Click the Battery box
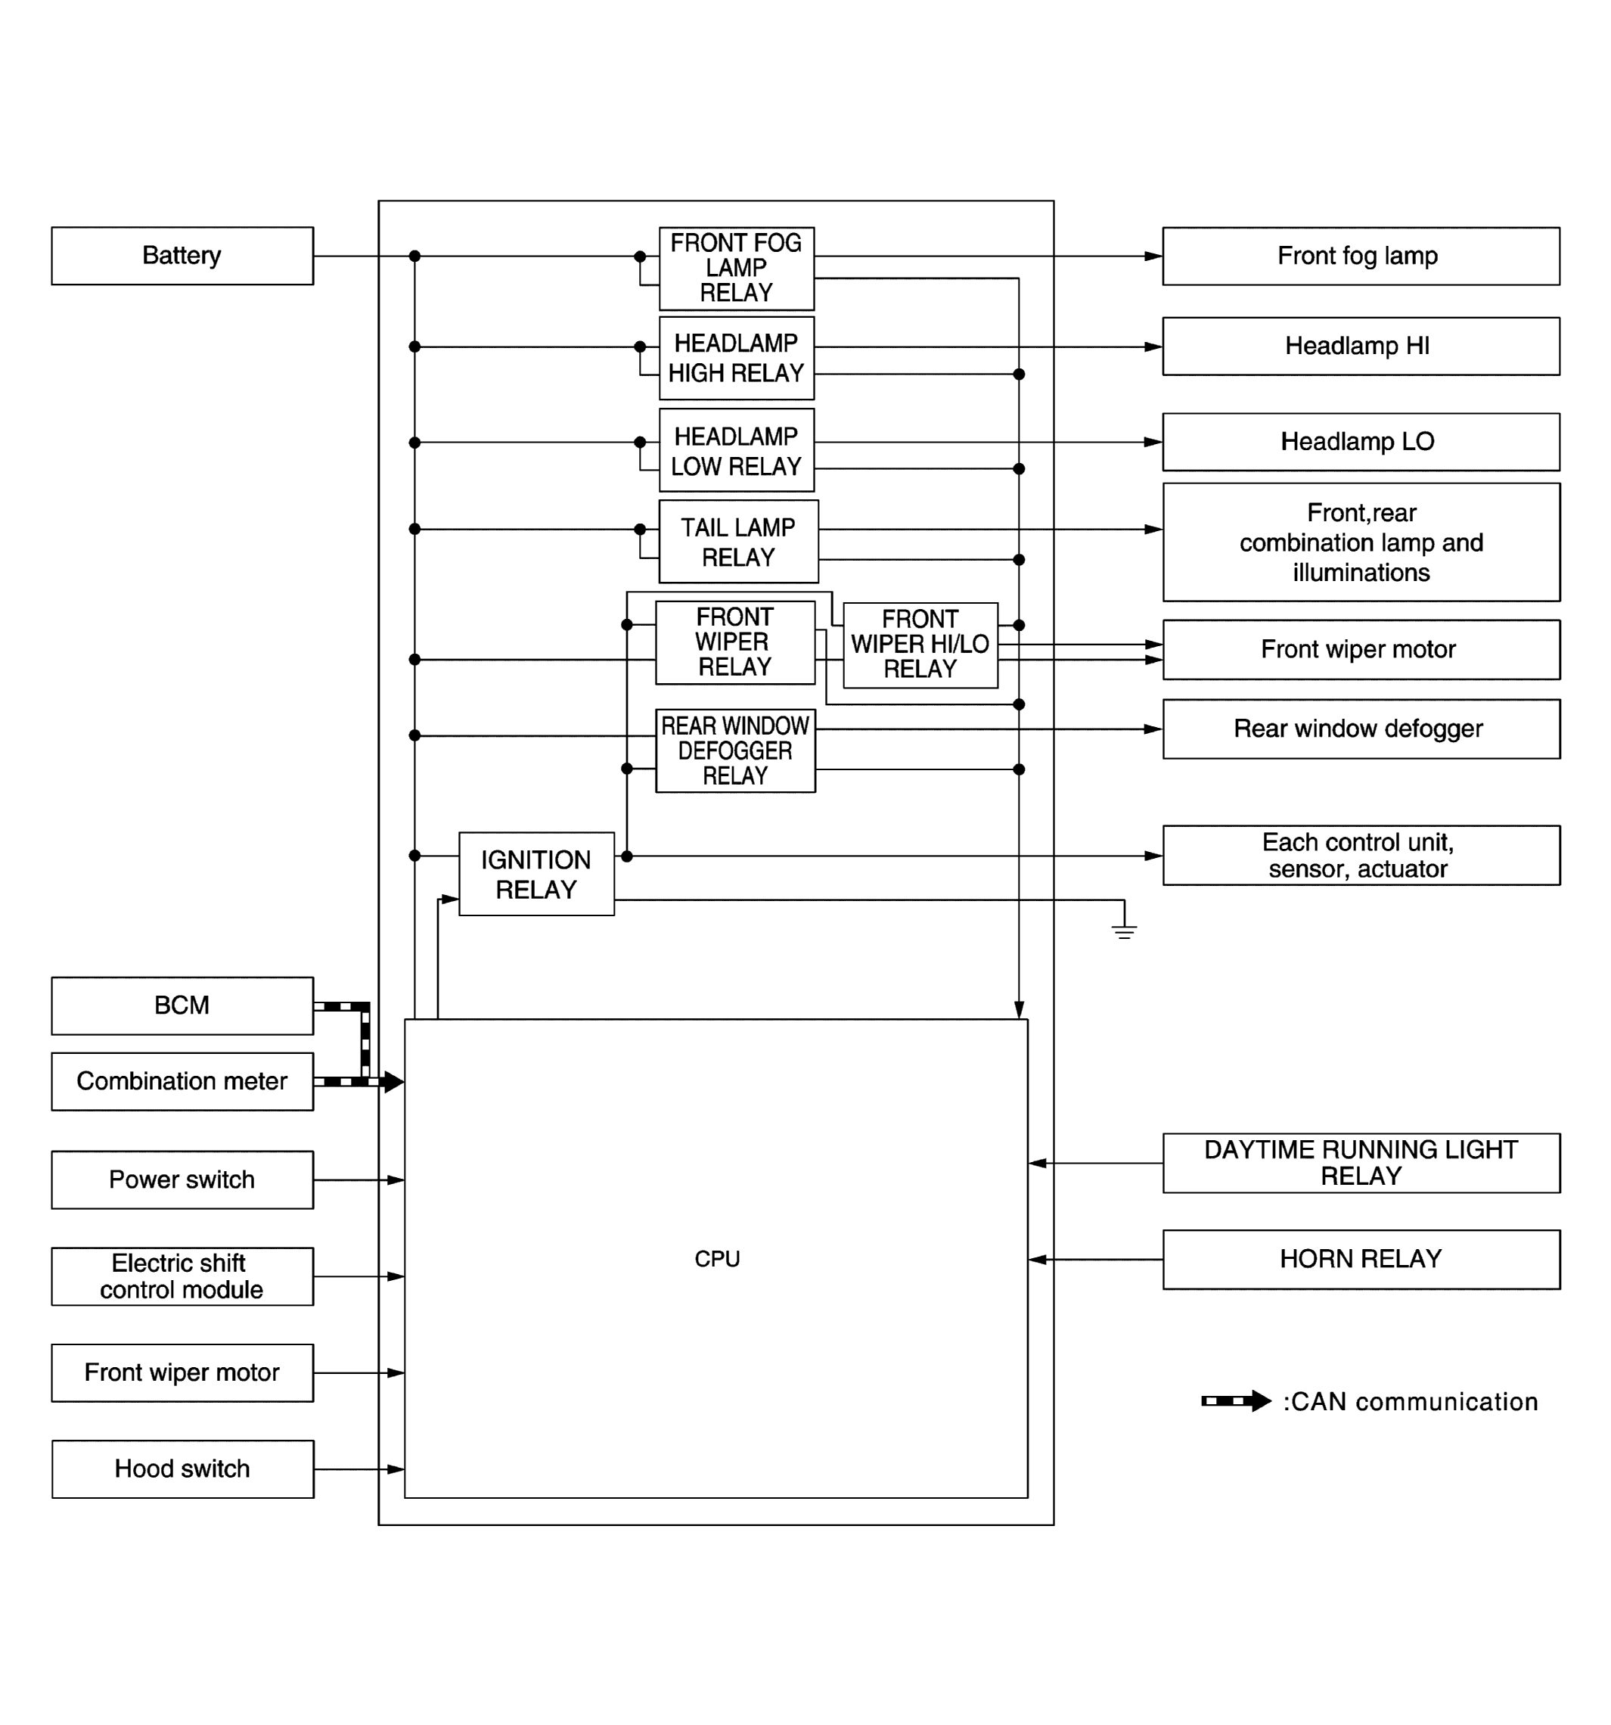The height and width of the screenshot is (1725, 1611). tap(182, 255)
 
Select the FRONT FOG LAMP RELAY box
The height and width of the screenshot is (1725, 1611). tap(736, 268)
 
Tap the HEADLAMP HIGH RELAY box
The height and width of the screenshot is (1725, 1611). tap(736, 358)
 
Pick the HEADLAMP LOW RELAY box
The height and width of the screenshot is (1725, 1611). tap(736, 450)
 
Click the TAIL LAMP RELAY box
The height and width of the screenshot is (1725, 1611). tap(737, 542)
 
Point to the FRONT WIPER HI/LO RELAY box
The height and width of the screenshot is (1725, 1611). tap(920, 645)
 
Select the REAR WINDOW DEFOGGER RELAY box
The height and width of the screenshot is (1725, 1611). tap(735, 751)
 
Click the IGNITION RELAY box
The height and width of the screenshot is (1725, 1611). tap(536, 874)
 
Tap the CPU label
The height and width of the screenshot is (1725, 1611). tap(716, 1259)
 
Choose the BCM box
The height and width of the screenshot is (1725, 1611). tap(182, 1005)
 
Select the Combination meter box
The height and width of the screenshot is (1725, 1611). tap(182, 1081)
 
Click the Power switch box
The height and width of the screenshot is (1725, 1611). tap(182, 1180)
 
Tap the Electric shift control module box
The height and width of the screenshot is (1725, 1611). tap(182, 1276)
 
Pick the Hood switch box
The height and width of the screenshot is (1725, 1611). tap(182, 1469)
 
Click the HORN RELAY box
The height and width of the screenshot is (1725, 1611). tap(1361, 1259)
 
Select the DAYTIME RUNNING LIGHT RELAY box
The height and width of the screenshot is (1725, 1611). tap(1361, 1163)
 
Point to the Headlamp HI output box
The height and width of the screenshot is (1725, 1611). tap(1361, 347)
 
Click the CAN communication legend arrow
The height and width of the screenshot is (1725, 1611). tap(1235, 1400)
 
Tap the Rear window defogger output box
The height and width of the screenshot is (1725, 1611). tap(1361, 729)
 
